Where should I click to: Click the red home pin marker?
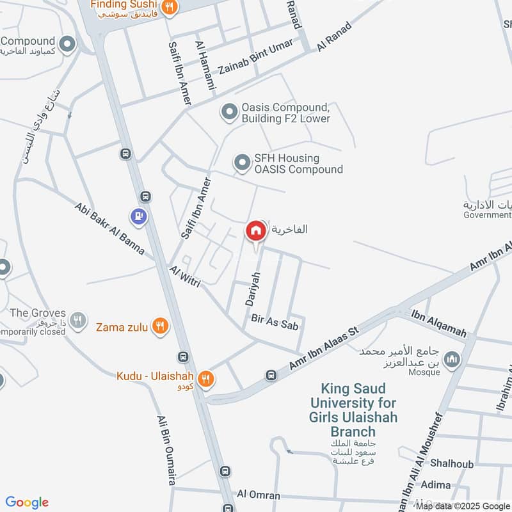pyautogui.click(x=255, y=231)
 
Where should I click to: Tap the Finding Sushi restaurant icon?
pyautogui.click(x=169, y=7)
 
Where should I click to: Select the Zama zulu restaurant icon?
pyautogui.click(x=160, y=327)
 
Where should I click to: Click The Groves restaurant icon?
pyautogui.click(x=78, y=319)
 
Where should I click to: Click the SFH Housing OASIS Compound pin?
pyautogui.click(x=242, y=163)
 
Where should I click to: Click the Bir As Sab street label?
pyautogui.click(x=275, y=321)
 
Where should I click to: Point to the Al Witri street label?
pyautogui.click(x=186, y=276)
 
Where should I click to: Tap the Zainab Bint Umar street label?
pyautogui.click(x=255, y=57)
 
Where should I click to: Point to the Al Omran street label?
pyautogui.click(x=259, y=495)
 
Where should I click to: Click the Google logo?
pyautogui.click(x=27, y=502)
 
